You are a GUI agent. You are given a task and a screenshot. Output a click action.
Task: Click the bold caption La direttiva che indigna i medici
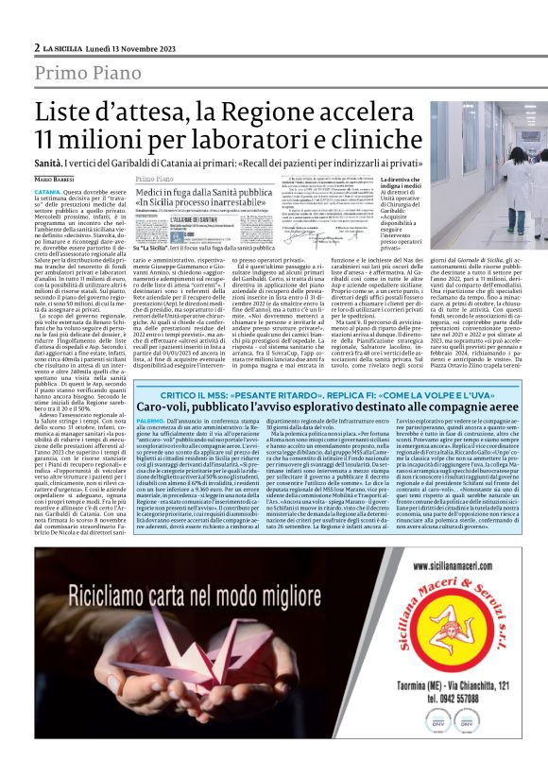375,186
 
